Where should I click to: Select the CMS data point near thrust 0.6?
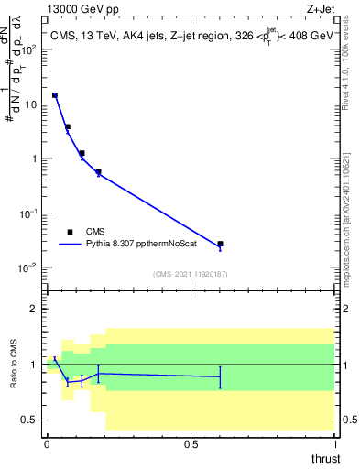click(x=220, y=244)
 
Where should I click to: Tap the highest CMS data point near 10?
click(x=55, y=95)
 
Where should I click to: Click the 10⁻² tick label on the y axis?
click(x=30, y=267)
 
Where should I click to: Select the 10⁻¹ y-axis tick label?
click(x=30, y=213)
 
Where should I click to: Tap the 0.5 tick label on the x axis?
click(x=191, y=444)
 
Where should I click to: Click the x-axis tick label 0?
click(x=47, y=444)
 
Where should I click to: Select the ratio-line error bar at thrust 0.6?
click(x=220, y=376)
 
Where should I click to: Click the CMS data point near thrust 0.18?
click(x=98, y=171)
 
